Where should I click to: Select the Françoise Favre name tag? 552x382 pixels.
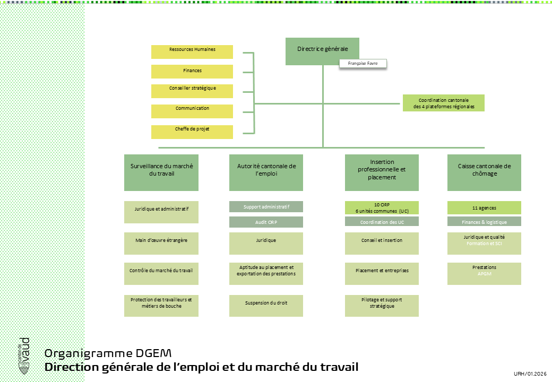363,64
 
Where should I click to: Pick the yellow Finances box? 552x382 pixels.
192,71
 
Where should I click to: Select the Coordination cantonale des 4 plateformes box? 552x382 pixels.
443,103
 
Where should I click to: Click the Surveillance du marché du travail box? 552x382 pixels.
161,172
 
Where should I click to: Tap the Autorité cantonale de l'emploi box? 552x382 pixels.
266,172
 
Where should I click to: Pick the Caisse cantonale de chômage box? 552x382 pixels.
484,172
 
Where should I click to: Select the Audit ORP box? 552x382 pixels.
266,222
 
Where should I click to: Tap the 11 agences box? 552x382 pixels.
484,207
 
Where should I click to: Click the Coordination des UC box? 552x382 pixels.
382,222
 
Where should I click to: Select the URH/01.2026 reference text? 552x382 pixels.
530,374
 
